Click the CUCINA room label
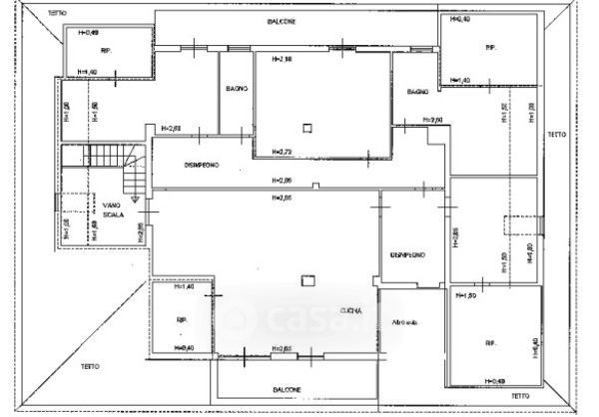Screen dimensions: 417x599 point(350,309)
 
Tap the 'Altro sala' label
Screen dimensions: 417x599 point(405,322)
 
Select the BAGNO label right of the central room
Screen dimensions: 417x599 point(417,92)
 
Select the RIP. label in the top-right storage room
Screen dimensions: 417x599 point(490,48)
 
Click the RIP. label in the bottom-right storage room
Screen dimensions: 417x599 point(491,342)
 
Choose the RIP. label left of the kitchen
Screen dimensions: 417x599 point(182,320)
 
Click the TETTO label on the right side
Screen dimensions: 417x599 point(555,134)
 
